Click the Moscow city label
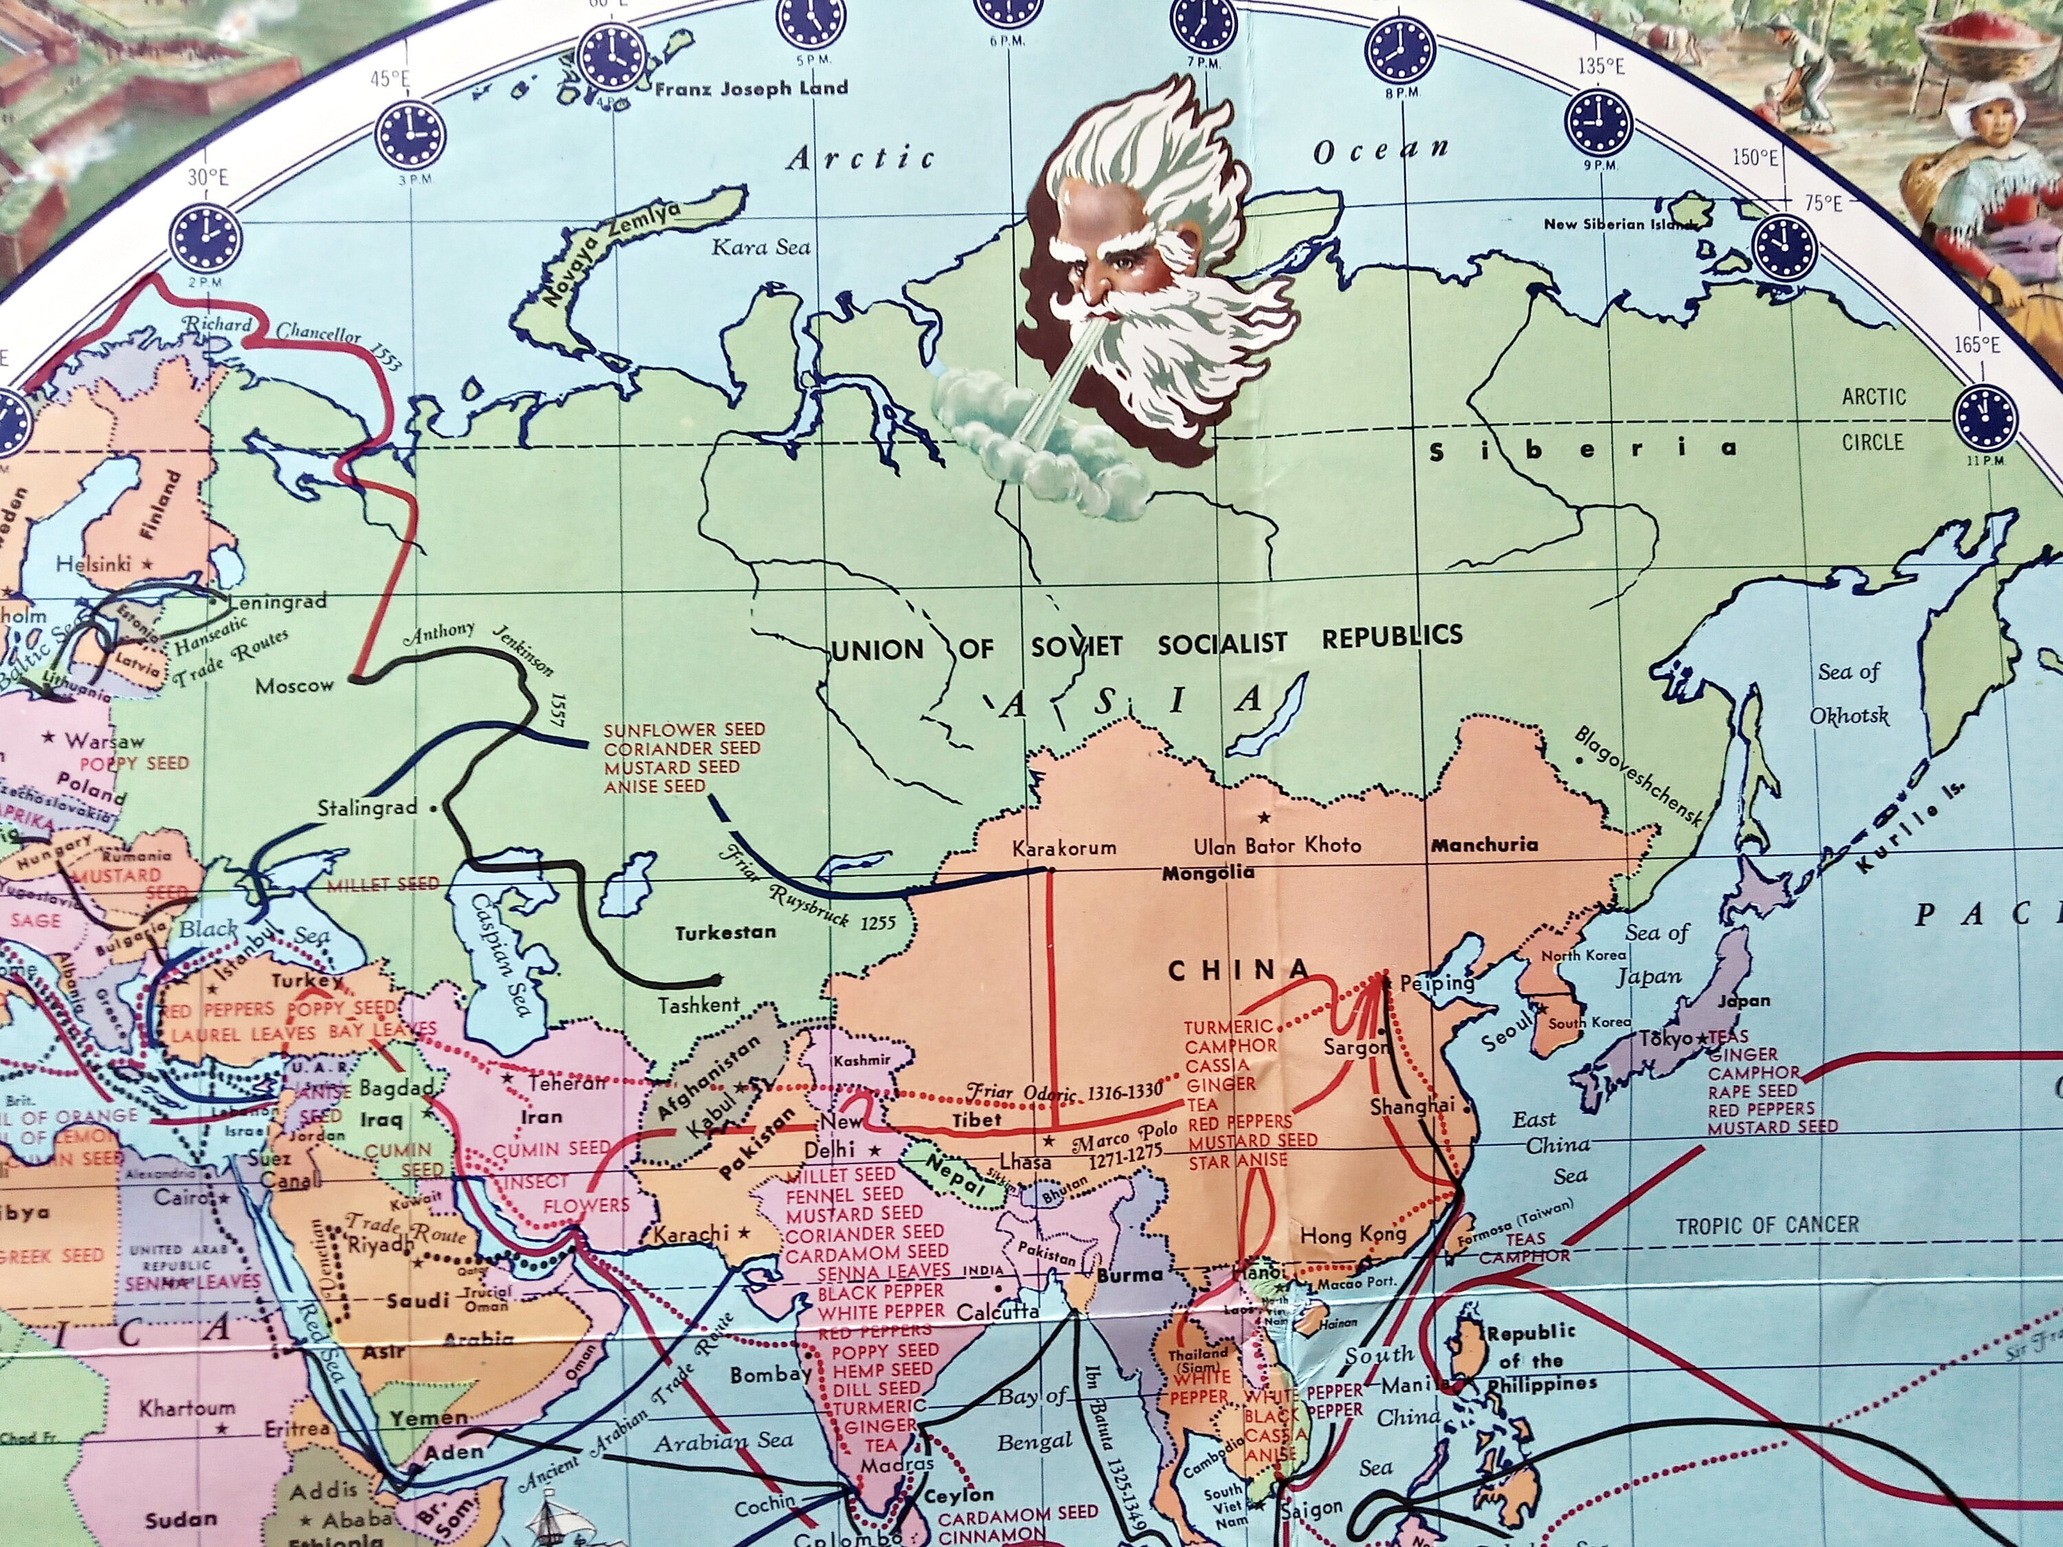tap(295, 686)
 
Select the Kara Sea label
tap(761, 247)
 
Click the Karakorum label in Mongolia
tap(1064, 848)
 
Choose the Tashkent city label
tap(699, 1006)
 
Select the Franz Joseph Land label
tap(752, 89)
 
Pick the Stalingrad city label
tap(367, 808)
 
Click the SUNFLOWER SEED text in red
tap(684, 729)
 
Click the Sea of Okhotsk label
tap(1849, 694)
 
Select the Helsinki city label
tap(94, 564)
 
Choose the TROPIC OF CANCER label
tap(1767, 1225)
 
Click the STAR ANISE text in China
tap(1238, 1162)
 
